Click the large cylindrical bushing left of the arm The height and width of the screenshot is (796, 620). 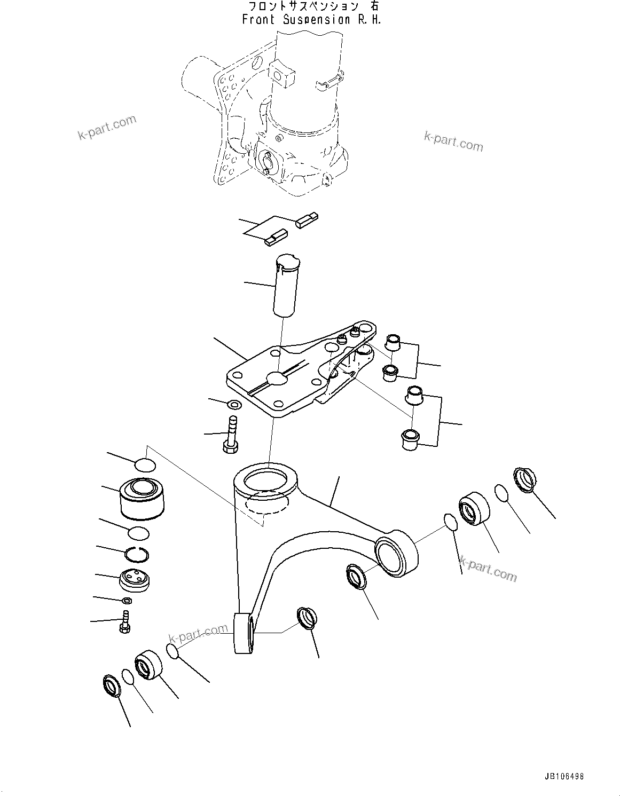pos(142,498)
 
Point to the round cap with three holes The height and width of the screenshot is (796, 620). pos(134,579)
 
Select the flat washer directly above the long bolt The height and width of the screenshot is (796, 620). pos(233,405)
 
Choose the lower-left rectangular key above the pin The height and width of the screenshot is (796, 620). pos(276,236)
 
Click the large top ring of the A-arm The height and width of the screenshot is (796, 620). pos(265,479)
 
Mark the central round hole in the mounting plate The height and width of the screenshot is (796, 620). pos(277,379)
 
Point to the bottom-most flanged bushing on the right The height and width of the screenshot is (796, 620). pos(409,439)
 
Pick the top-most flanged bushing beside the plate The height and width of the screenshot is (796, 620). pos(394,342)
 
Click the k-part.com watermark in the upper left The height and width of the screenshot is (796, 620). pos(107,128)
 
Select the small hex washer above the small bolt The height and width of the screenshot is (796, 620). pos(127,601)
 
